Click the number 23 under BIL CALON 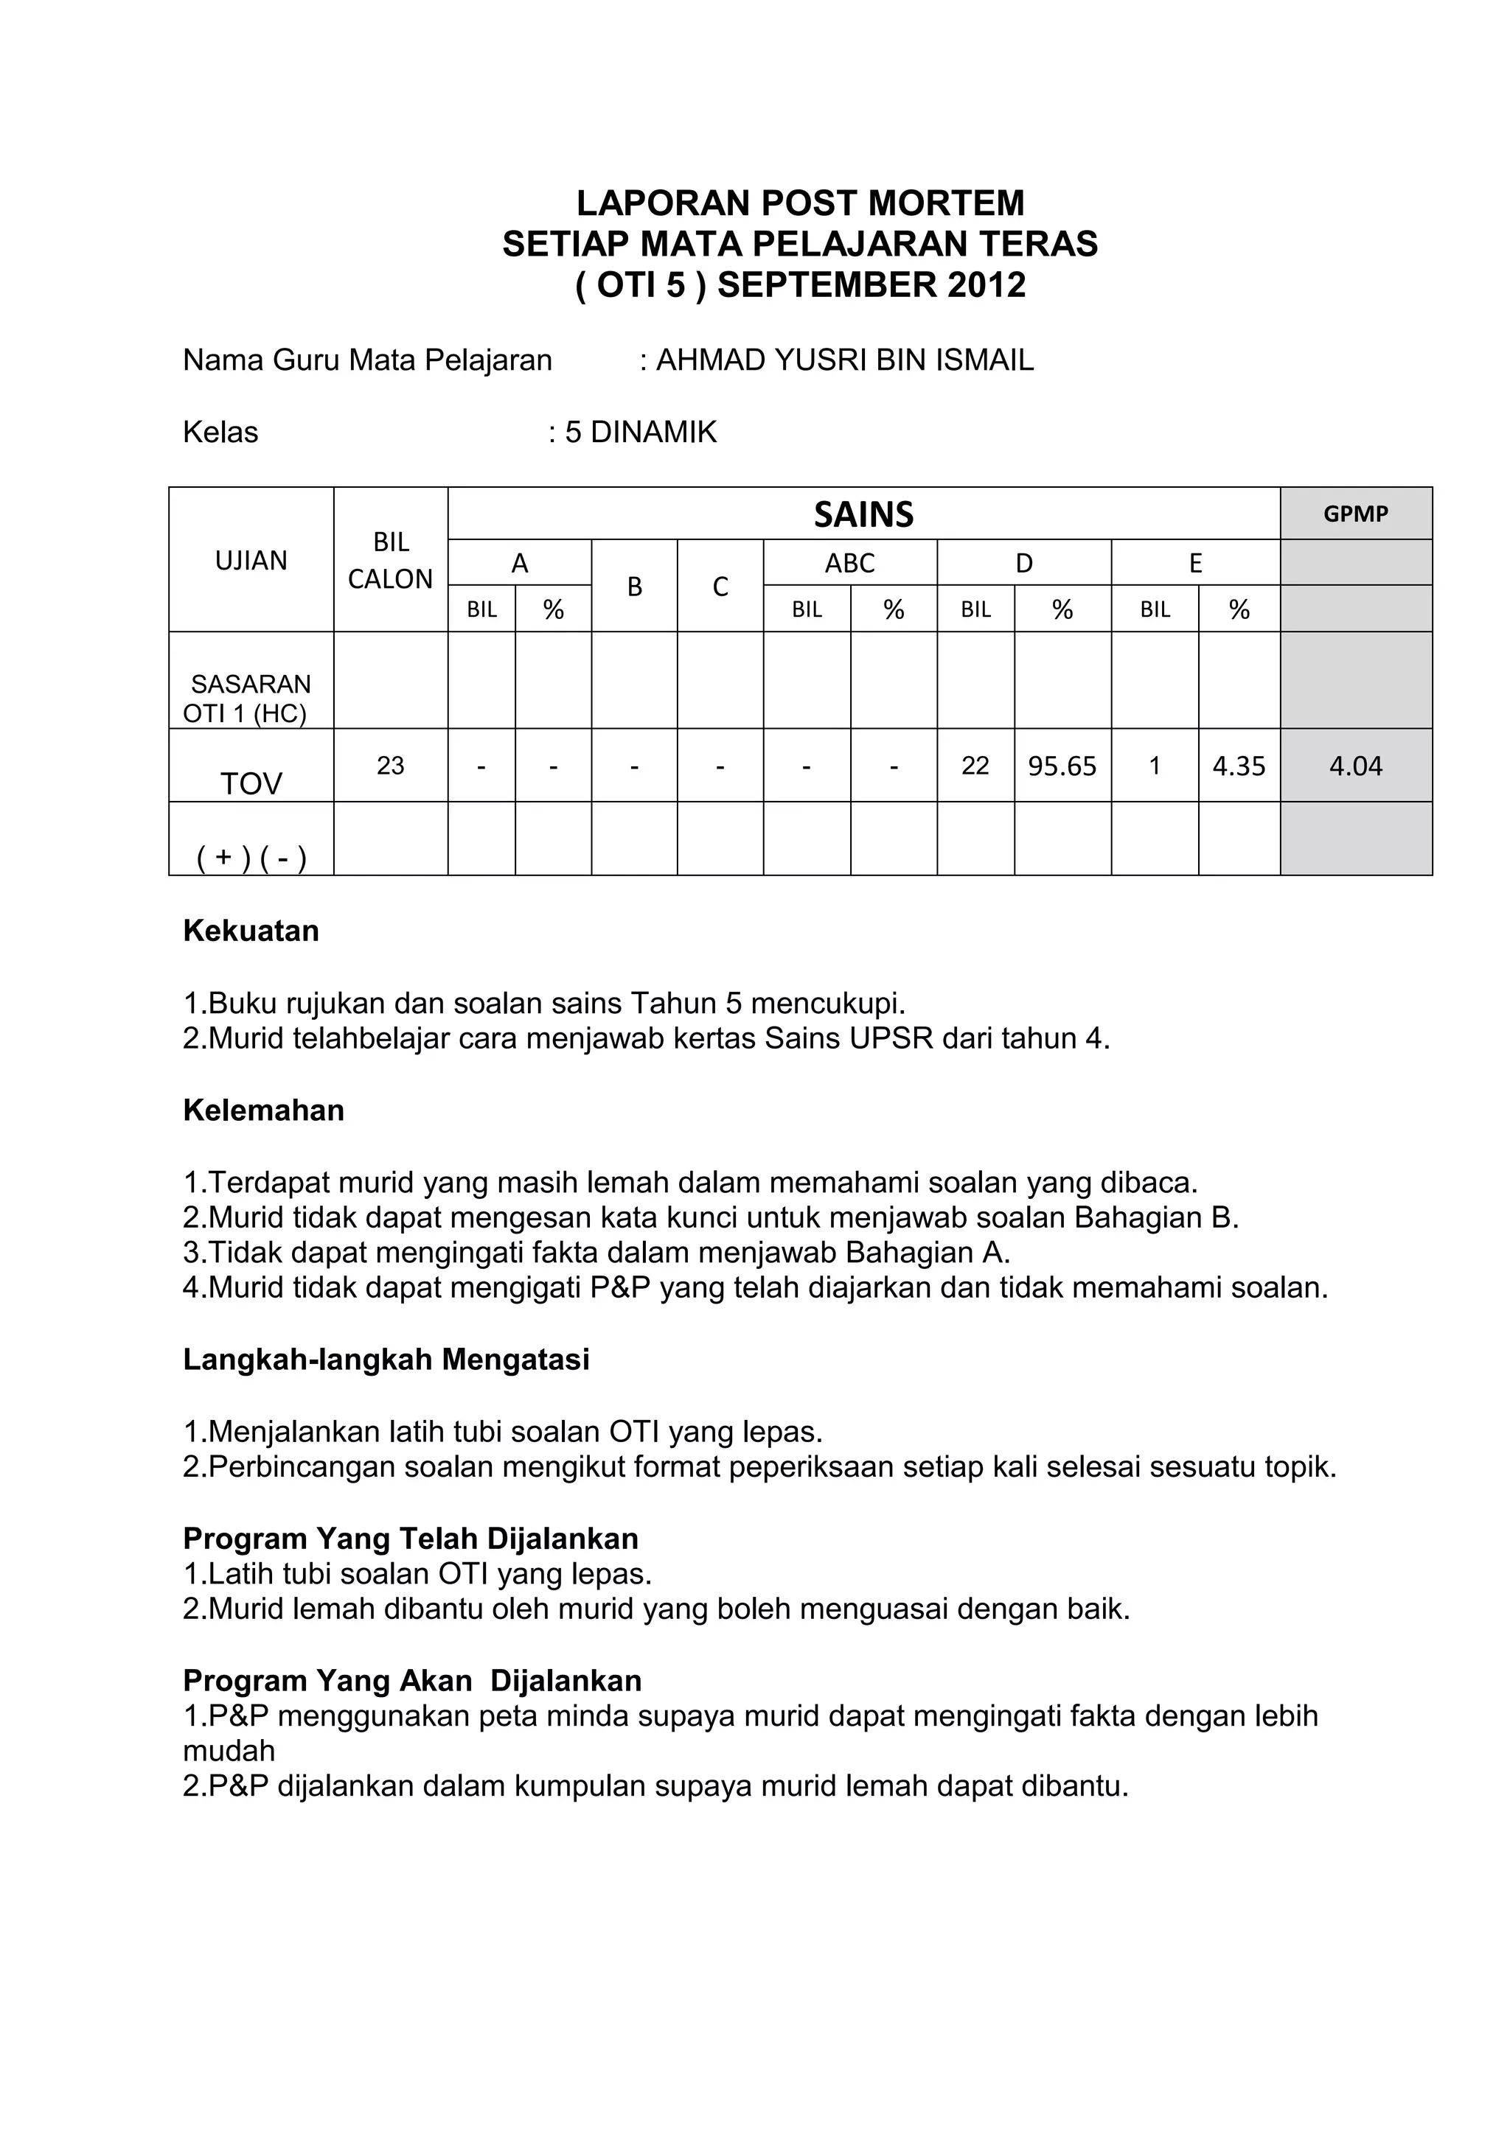(x=391, y=765)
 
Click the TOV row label (x=251, y=783)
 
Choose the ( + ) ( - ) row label (x=251, y=857)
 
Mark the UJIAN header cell (x=251, y=561)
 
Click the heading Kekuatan (x=251, y=931)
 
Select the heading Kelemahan (x=263, y=1110)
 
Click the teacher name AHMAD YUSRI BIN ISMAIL (x=844, y=360)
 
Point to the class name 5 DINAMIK (x=641, y=433)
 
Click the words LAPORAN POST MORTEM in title (x=800, y=203)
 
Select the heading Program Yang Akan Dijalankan (x=412, y=1680)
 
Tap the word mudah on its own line (x=229, y=1750)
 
